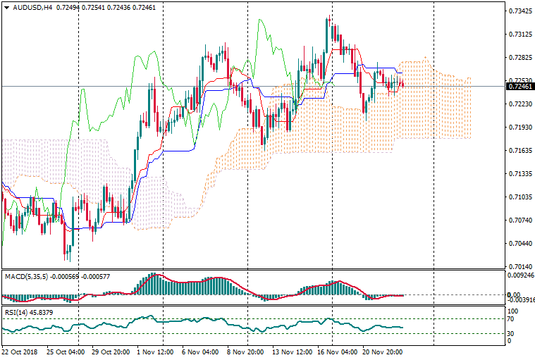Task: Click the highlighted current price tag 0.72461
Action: (x=520, y=87)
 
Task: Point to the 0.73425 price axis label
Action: (x=520, y=11)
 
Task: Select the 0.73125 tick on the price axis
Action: (x=520, y=35)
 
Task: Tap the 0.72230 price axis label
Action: (x=520, y=104)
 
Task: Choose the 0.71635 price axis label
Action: (x=520, y=151)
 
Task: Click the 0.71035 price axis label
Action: (x=520, y=197)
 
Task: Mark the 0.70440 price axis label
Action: (x=520, y=244)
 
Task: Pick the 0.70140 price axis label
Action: (x=520, y=267)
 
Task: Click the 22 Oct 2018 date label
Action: (x=19, y=351)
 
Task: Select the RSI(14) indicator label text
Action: (x=16, y=312)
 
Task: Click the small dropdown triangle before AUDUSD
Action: (x=6, y=8)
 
